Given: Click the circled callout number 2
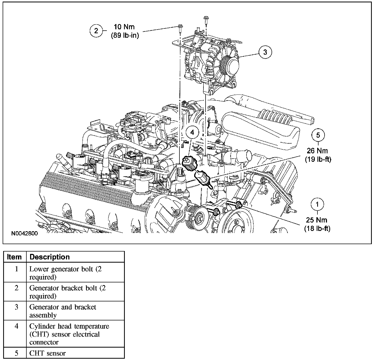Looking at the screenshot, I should click(96, 31).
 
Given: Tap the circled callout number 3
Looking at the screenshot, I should click(265, 52).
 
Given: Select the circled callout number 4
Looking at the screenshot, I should click(192, 132).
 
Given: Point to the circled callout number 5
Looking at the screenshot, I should click(318, 135).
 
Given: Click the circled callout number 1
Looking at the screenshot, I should click(317, 204).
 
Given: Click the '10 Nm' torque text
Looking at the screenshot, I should click(124, 27).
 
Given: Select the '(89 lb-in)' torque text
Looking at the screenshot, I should click(125, 35).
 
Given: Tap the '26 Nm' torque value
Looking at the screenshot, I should click(318, 151).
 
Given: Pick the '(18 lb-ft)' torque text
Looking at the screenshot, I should click(317, 229).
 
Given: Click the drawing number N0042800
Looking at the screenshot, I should click(25, 234).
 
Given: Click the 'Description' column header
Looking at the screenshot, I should click(50, 257).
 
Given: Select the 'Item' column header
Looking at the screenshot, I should click(15, 257).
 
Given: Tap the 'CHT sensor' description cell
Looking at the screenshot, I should click(47, 353).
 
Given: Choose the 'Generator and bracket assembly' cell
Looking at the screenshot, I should click(63, 311).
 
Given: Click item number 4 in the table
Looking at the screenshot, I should click(16, 326).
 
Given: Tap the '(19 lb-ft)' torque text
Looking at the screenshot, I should click(318, 159).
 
